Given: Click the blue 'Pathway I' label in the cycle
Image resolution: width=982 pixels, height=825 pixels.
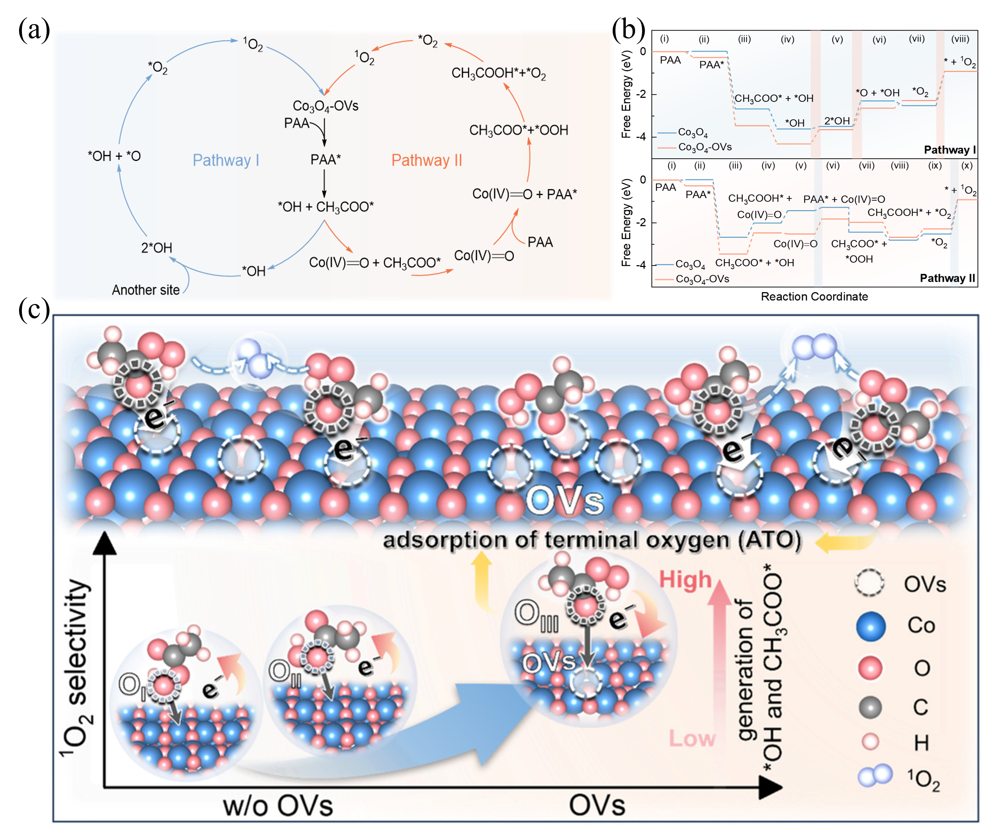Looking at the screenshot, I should point(225,160).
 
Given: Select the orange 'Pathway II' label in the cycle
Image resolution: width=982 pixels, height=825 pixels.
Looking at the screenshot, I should point(426,160).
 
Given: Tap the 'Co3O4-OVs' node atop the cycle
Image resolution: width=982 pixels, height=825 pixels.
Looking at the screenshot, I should point(326,106).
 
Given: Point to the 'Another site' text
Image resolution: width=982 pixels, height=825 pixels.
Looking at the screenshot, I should point(145,290).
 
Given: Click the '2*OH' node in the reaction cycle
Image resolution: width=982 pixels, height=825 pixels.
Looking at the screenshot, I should point(156,248).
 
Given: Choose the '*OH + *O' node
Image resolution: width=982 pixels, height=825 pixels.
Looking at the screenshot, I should point(114,156).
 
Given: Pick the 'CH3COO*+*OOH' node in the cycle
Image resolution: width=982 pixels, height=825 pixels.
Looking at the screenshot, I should point(518,130).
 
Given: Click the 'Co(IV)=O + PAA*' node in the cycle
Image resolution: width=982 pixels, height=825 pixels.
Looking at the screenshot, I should point(524,194).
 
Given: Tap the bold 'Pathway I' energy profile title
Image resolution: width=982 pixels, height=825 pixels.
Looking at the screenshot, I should point(949,150).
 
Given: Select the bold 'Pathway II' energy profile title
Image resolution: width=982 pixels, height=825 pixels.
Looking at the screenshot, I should point(947,278).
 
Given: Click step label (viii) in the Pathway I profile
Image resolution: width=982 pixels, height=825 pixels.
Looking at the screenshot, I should point(960,39).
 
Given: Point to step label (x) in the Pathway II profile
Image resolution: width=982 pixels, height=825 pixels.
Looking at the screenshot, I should point(967,166).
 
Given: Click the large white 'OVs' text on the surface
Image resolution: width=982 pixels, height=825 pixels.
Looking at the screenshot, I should point(565,501).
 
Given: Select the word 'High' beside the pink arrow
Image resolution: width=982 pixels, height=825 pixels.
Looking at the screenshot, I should point(685,580).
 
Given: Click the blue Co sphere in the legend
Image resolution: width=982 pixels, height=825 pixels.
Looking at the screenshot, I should point(871,626).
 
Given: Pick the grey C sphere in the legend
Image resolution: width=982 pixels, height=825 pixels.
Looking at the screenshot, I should point(870,707).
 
